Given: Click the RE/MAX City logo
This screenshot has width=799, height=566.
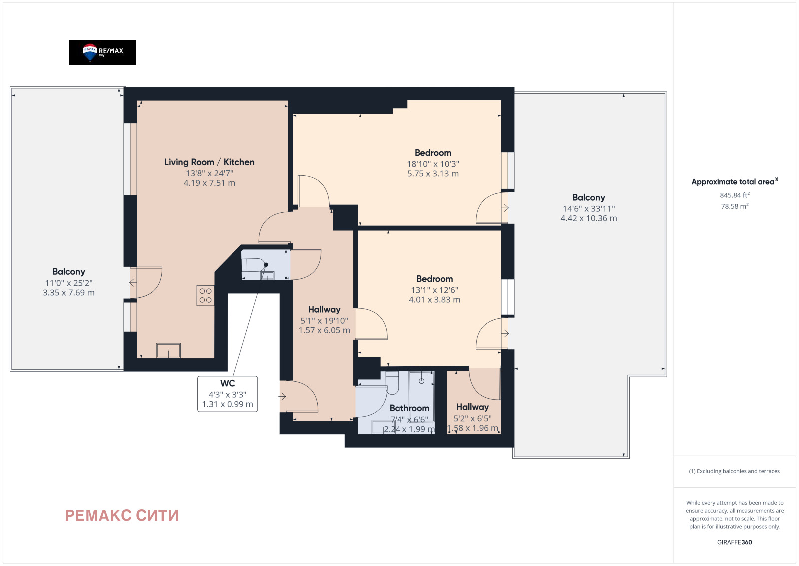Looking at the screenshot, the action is pyautogui.click(x=102, y=52).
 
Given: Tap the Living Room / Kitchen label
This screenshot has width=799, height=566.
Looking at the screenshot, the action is pyautogui.click(x=209, y=162).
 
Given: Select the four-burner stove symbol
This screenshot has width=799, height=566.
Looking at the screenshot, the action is pyautogui.click(x=205, y=295).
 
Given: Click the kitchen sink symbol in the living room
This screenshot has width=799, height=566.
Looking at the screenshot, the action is pyautogui.click(x=168, y=350).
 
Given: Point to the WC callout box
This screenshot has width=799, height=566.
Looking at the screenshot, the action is pyautogui.click(x=228, y=394).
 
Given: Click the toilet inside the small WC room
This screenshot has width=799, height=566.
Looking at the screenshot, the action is pyautogui.click(x=255, y=265).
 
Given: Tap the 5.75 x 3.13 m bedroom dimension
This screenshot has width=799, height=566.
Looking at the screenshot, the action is pyautogui.click(x=433, y=174).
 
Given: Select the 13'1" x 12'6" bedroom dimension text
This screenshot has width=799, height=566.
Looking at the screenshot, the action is pyautogui.click(x=434, y=290).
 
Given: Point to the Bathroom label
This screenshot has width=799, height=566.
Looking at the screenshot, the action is pyautogui.click(x=409, y=408).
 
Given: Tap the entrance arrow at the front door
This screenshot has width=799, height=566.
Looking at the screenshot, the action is pyautogui.click(x=282, y=396).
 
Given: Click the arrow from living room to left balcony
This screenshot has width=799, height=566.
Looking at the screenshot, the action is pyautogui.click(x=133, y=283).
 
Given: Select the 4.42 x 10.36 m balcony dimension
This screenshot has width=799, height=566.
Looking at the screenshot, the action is pyautogui.click(x=589, y=218).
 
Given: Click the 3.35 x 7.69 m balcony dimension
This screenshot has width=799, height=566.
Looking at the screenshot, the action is pyautogui.click(x=69, y=293).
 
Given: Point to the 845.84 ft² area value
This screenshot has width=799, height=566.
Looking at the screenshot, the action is pyautogui.click(x=735, y=195).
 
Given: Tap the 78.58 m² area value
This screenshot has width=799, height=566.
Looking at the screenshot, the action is pyautogui.click(x=735, y=206).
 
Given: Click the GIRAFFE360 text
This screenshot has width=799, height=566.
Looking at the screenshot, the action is pyautogui.click(x=735, y=542).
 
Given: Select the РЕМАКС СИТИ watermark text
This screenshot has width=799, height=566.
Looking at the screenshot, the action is pyautogui.click(x=122, y=515).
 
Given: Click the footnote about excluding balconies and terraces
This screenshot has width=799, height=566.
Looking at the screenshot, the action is pyautogui.click(x=734, y=471).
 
